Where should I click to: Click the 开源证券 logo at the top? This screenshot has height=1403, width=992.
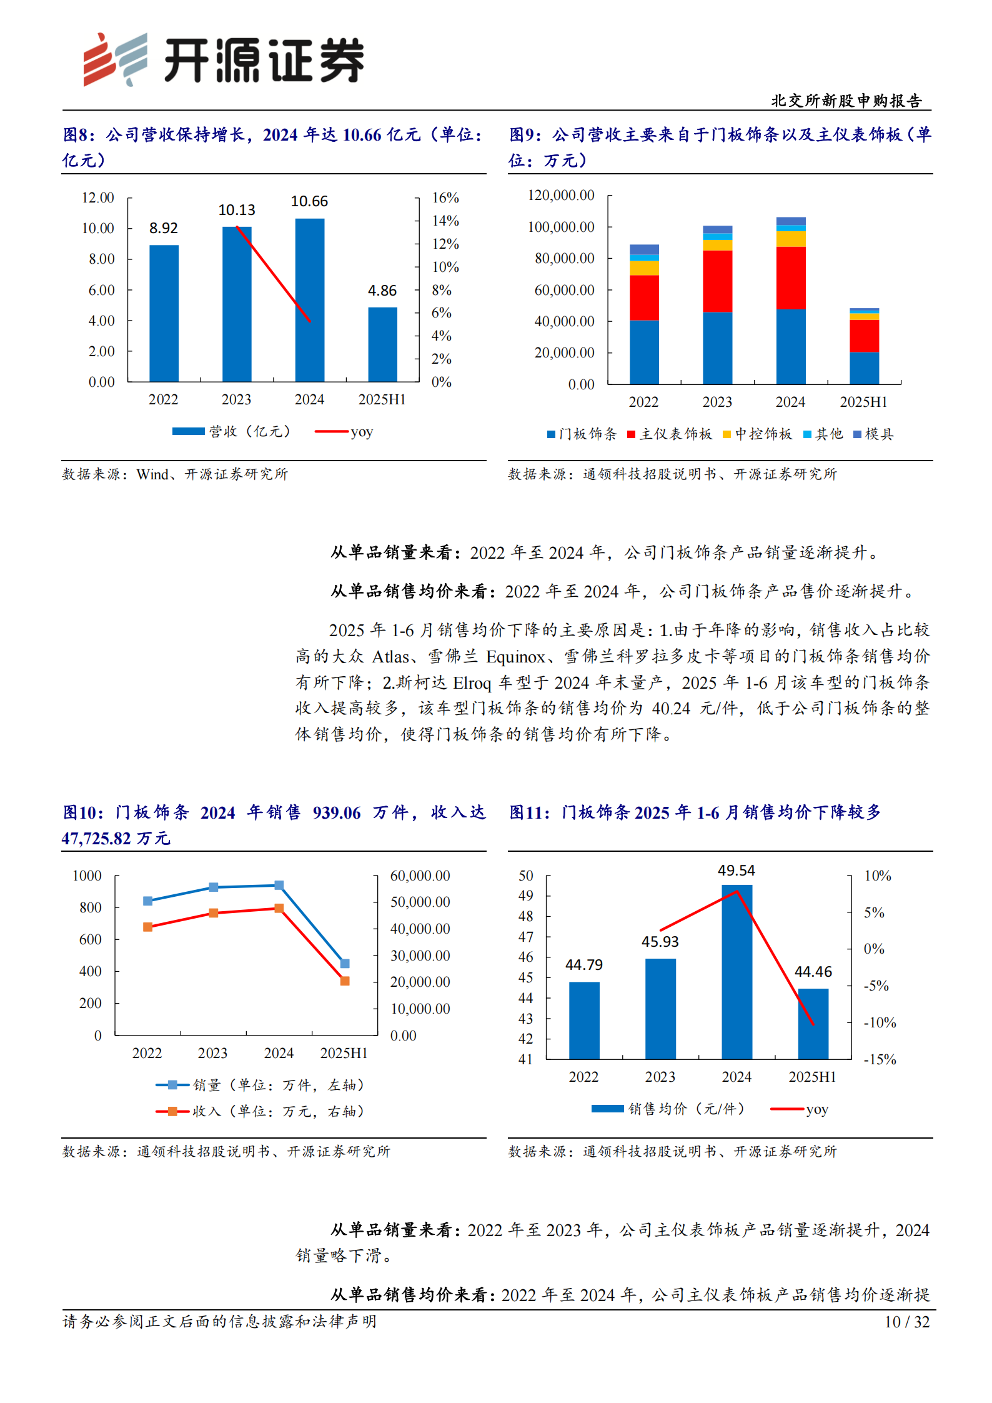(x=223, y=59)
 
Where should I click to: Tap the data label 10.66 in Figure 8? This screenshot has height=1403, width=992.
(x=309, y=201)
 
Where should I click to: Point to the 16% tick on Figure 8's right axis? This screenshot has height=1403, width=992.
(x=445, y=198)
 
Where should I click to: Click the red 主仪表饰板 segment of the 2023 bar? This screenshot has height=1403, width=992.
(x=717, y=281)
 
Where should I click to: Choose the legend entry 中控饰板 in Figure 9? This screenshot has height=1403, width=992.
(x=756, y=434)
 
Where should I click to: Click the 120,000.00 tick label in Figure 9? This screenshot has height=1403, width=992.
(x=561, y=195)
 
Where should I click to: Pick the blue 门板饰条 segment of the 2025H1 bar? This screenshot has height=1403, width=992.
(x=863, y=368)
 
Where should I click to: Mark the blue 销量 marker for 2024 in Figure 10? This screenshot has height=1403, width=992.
(x=279, y=885)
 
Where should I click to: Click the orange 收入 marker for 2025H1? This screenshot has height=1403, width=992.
(x=345, y=981)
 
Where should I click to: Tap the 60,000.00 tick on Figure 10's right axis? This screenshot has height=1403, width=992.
(x=420, y=876)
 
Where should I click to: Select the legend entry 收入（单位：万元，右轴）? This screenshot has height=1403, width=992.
(x=260, y=1111)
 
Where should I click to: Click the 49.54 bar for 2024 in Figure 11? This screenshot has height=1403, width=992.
(x=737, y=972)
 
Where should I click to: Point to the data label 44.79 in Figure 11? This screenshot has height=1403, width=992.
(x=583, y=965)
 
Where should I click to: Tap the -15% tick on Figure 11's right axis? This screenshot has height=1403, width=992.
(x=880, y=1059)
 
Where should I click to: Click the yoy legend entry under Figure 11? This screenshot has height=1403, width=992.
(x=800, y=1109)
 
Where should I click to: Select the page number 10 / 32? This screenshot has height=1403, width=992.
(x=906, y=1322)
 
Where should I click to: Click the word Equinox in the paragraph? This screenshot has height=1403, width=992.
(x=515, y=657)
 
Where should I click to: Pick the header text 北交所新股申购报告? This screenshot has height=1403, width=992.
(x=846, y=101)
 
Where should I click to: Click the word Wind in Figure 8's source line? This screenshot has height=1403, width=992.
(x=152, y=474)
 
